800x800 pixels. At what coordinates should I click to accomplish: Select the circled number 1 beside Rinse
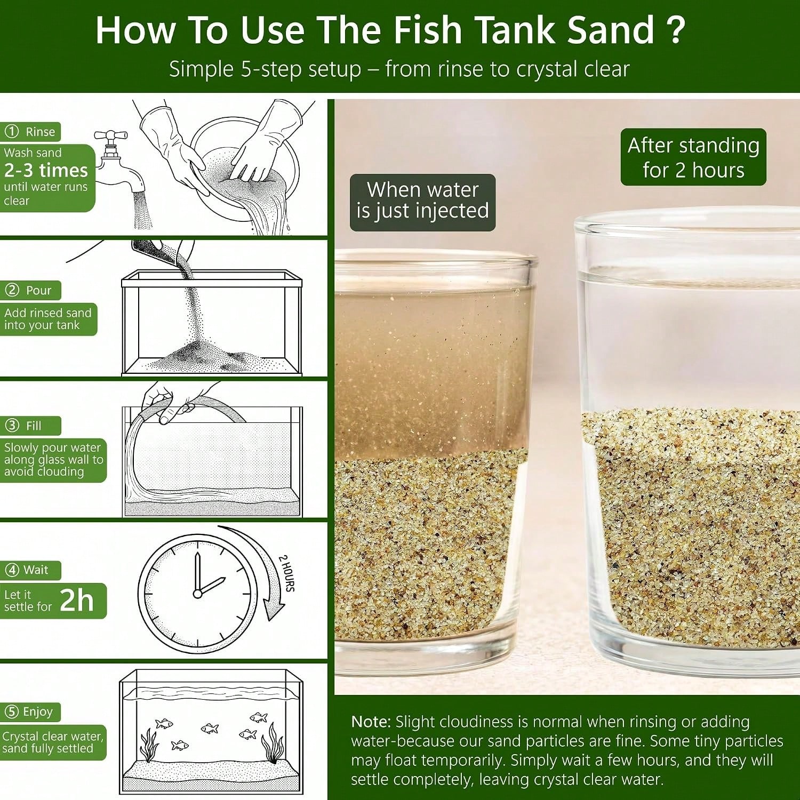(11, 131)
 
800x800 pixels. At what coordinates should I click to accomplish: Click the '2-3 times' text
(46, 170)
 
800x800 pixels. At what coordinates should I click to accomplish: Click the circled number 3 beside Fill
(12, 425)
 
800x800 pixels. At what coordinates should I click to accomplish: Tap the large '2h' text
(77, 600)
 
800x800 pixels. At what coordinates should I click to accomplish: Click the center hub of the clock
(197, 593)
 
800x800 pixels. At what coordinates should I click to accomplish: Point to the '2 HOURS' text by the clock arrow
(287, 573)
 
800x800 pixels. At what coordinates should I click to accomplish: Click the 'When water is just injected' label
(422, 201)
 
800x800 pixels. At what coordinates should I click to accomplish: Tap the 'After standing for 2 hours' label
(693, 157)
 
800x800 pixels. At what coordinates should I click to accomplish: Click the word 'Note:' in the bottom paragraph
(371, 722)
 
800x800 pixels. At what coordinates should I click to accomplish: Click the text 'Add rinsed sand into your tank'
(47, 319)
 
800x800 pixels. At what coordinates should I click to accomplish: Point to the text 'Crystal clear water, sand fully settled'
(52, 742)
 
